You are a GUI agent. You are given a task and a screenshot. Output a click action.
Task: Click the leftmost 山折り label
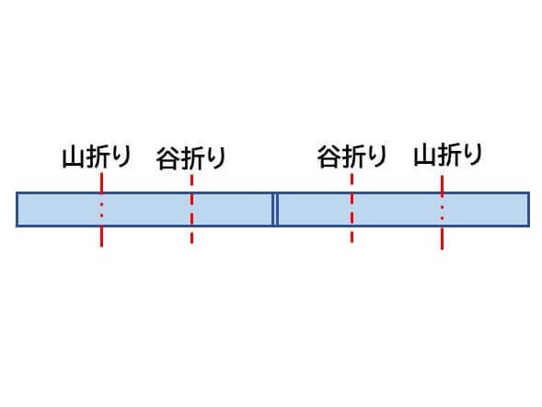[x=97, y=157]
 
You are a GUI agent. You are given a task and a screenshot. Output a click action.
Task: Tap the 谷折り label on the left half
[x=191, y=158]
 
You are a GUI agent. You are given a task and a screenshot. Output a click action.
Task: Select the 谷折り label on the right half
[x=352, y=157]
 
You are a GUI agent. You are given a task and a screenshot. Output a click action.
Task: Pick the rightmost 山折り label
[x=448, y=155]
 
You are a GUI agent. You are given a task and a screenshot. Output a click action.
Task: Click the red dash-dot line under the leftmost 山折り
[x=101, y=210]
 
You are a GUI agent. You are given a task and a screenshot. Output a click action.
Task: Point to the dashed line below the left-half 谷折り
[x=191, y=209]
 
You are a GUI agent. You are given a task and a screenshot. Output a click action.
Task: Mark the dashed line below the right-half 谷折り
[x=352, y=208]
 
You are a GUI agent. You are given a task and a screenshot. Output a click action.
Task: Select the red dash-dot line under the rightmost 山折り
[x=442, y=213]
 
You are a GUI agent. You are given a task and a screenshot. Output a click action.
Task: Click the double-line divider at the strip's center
[x=275, y=210]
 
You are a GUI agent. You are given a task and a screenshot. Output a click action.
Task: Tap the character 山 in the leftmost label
[x=74, y=157]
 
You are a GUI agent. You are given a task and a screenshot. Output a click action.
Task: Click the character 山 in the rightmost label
[x=425, y=156]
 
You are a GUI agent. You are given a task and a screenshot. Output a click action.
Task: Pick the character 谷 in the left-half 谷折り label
[x=167, y=158]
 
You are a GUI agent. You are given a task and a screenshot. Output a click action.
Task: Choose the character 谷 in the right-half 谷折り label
[x=329, y=157]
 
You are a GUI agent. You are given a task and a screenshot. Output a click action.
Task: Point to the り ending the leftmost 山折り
[x=121, y=157]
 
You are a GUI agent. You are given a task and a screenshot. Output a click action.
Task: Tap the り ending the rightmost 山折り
[x=473, y=154]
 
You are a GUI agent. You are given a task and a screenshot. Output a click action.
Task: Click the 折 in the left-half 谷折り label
[x=191, y=158]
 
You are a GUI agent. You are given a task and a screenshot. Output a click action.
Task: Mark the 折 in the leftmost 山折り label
[x=98, y=157]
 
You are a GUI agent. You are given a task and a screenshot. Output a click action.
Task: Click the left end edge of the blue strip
[x=17, y=210]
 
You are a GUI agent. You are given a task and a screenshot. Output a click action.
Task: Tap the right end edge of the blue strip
[x=529, y=210]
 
